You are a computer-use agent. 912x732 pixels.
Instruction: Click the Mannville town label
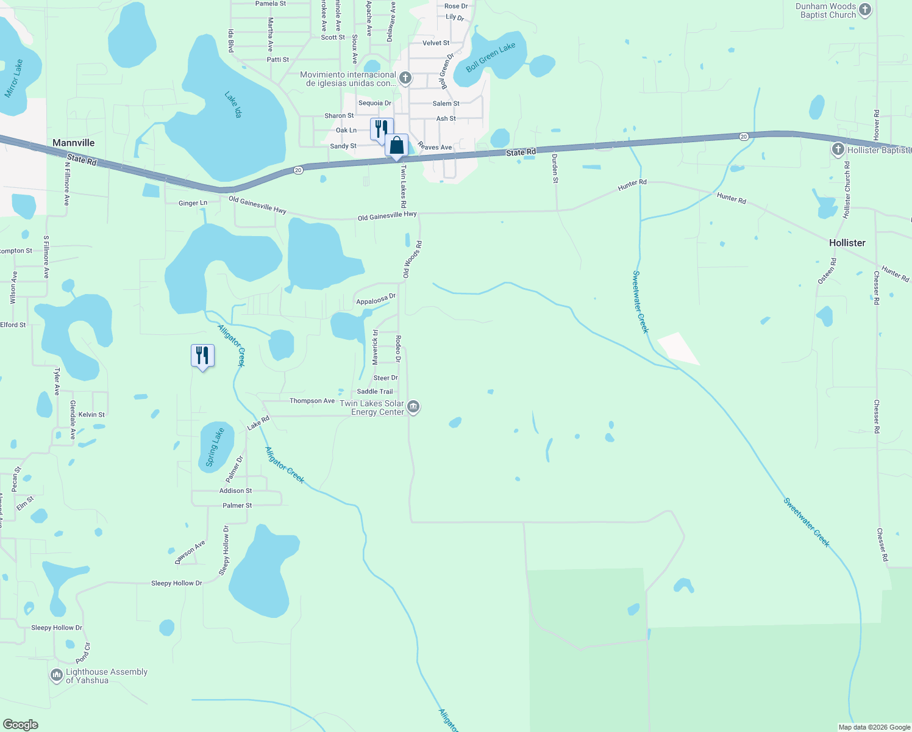click(73, 143)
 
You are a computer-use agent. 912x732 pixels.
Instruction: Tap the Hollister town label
click(847, 243)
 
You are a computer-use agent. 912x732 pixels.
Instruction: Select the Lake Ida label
click(233, 104)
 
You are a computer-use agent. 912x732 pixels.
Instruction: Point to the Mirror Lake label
click(13, 79)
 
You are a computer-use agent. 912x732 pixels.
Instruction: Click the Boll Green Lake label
click(490, 57)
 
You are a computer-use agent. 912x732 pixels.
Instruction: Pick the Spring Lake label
click(215, 447)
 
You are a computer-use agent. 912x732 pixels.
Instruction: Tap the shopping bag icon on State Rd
click(396, 146)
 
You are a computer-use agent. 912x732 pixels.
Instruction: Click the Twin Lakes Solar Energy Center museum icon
click(413, 407)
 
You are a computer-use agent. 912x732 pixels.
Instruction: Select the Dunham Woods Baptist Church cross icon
click(865, 10)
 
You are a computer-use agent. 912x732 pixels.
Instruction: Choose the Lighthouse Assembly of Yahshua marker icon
click(57, 675)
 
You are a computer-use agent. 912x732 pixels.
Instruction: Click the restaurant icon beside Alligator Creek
click(202, 356)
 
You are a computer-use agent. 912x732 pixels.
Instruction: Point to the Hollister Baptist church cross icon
click(838, 149)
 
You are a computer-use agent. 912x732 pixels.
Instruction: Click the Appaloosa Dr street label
click(376, 300)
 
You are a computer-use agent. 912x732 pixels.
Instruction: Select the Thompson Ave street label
click(312, 401)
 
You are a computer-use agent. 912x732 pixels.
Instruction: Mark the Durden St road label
click(555, 168)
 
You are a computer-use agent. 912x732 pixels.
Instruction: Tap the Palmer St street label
click(237, 506)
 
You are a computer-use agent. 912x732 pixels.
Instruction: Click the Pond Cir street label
click(83, 654)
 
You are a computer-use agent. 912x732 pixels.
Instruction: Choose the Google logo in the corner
click(21, 725)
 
